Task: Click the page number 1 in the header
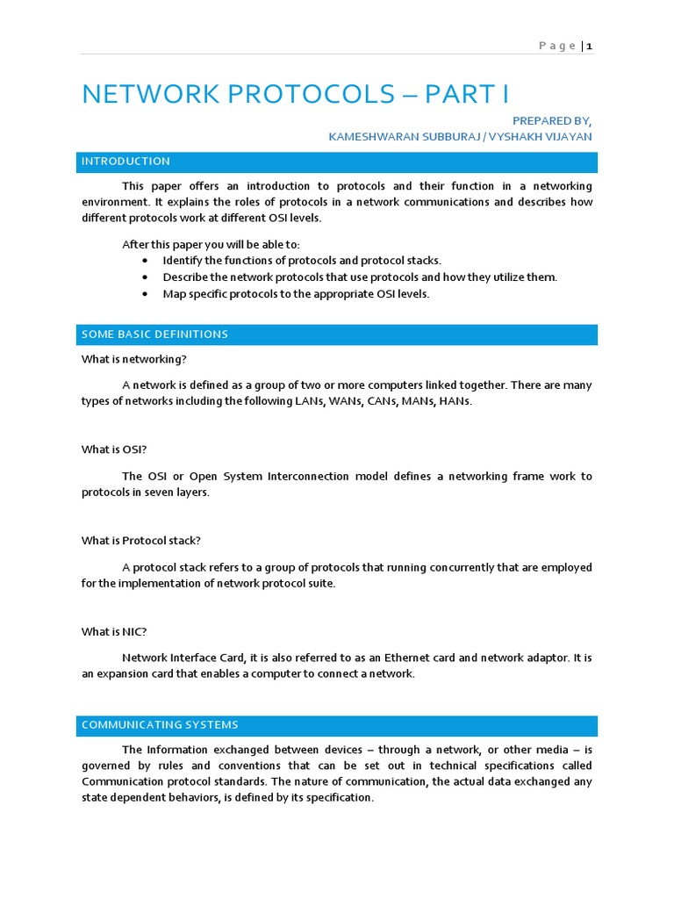point(590,47)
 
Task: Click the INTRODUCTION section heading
point(125,162)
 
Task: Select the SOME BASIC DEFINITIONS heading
point(154,334)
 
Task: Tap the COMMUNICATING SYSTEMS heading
point(160,725)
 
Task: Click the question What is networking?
point(134,359)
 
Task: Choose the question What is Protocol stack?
point(141,541)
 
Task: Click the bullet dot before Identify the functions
point(145,261)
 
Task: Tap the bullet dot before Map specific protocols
point(145,294)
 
